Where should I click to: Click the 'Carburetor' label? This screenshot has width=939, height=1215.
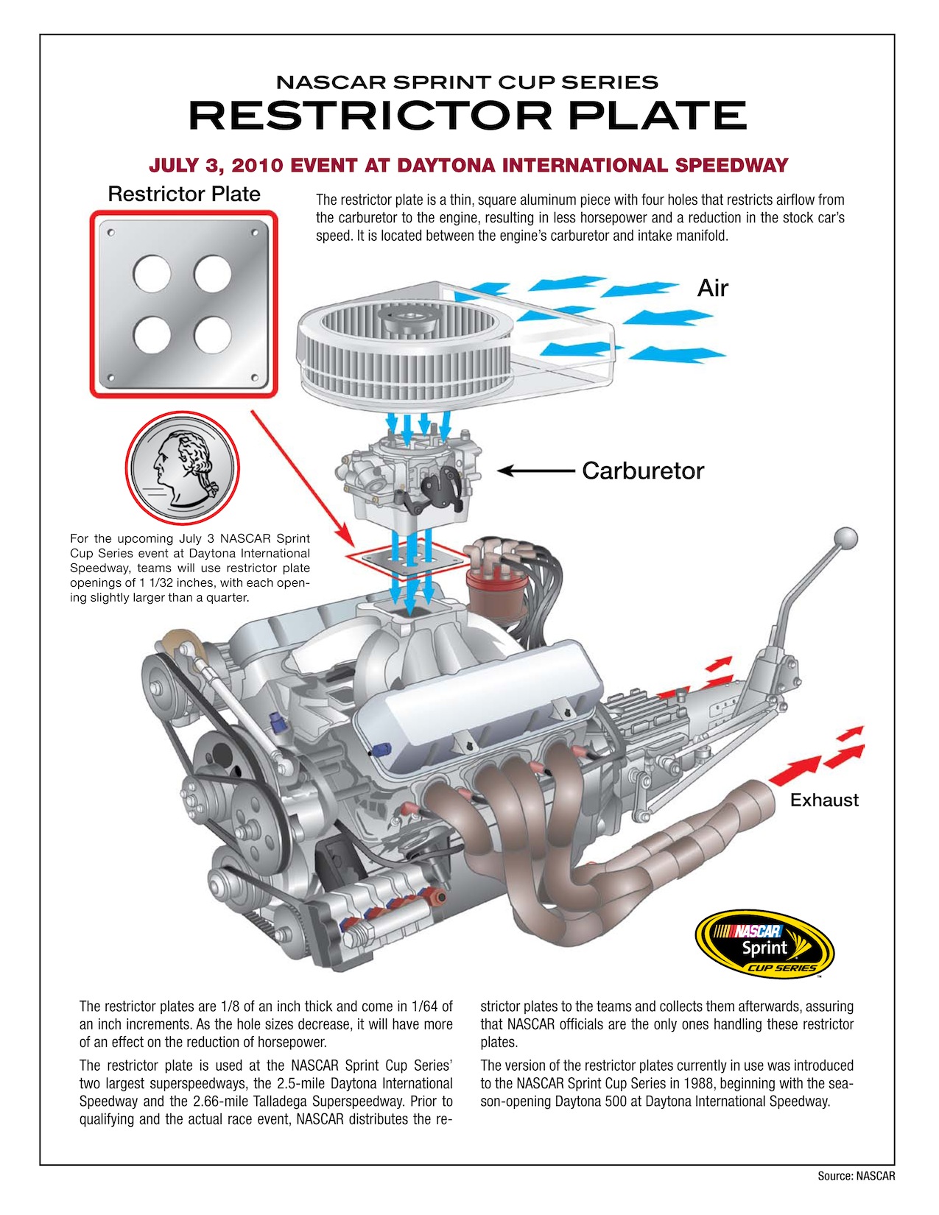pyautogui.click(x=642, y=471)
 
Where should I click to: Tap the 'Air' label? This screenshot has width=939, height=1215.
pyautogui.click(x=712, y=288)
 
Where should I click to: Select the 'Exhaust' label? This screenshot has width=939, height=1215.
pyautogui.click(x=823, y=800)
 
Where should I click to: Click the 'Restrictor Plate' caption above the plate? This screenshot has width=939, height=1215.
pyautogui.click(x=184, y=194)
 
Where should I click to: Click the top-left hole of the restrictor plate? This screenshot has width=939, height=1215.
pyautogui.click(x=152, y=274)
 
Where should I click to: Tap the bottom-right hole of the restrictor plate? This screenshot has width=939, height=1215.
pyautogui.click(x=213, y=334)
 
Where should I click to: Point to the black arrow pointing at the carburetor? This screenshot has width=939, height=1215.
pyautogui.click(x=535, y=471)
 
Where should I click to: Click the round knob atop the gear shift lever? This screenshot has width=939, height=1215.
pyautogui.click(x=847, y=538)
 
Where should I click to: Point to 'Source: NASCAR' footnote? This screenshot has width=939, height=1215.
pyautogui.click(x=856, y=1176)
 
